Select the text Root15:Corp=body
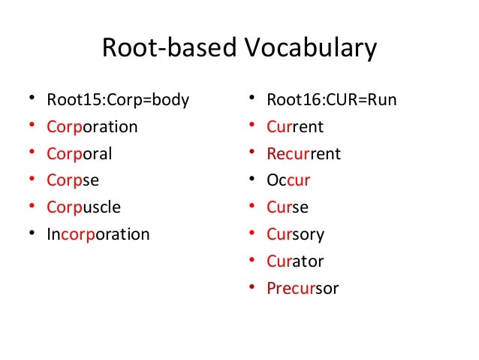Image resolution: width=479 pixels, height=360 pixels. pos(118,99)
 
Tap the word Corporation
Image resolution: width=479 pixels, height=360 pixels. pos(92,126)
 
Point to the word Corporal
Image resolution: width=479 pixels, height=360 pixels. pos(80,153)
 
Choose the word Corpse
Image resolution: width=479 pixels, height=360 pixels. pos(73,180)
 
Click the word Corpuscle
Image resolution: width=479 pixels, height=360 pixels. pos(83,207)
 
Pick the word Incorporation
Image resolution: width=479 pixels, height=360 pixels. pos(98,234)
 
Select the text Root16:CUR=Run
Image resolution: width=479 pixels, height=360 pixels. pos(331,99)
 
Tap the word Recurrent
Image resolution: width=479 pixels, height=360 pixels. pos(303,153)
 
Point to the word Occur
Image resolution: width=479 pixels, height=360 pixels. pos(288,180)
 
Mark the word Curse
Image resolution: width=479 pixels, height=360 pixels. pos(288,207)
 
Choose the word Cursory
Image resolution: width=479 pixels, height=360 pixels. pos(295,234)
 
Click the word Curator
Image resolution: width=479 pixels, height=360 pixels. pos(295,262)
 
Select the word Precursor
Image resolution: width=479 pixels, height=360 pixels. pos(303,289)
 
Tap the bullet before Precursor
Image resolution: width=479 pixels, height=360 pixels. pos(253,289)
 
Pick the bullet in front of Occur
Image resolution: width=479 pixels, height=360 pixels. pos(253,180)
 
